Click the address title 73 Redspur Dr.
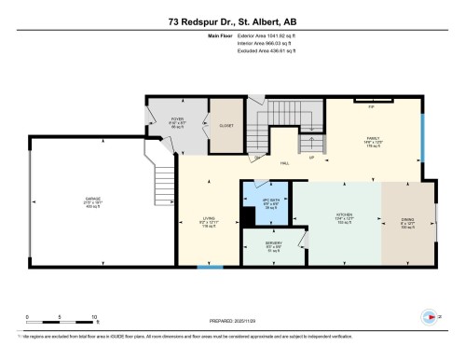[x=232, y=21]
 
